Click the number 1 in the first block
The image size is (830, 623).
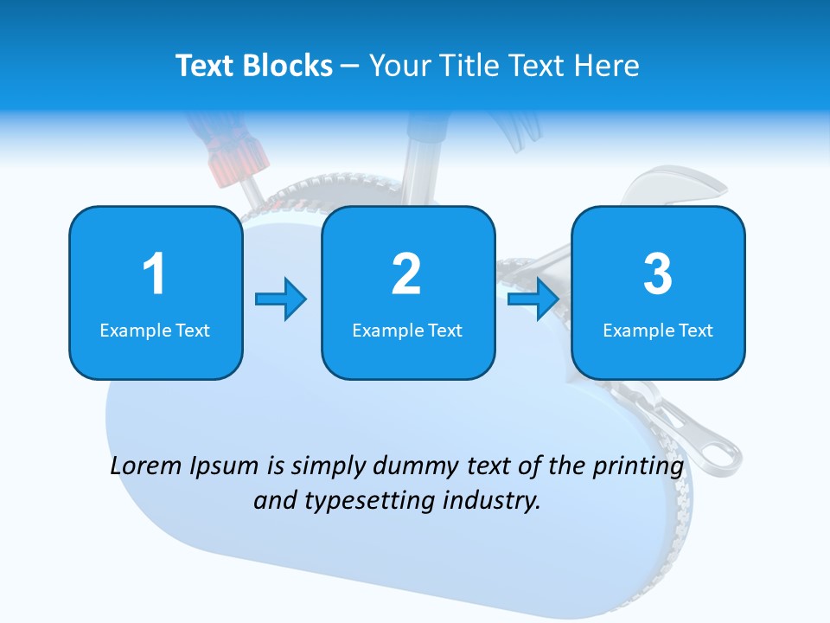click(154, 274)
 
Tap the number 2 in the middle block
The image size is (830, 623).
click(406, 274)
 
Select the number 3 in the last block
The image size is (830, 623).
click(658, 274)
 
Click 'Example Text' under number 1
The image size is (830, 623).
click(155, 331)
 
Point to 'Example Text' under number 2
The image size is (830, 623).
click(407, 331)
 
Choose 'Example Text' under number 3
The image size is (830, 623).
click(658, 331)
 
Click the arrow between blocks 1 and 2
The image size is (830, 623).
click(281, 299)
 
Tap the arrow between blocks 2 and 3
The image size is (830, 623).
click(533, 299)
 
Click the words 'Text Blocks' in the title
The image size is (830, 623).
click(253, 66)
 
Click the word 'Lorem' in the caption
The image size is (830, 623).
click(146, 466)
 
